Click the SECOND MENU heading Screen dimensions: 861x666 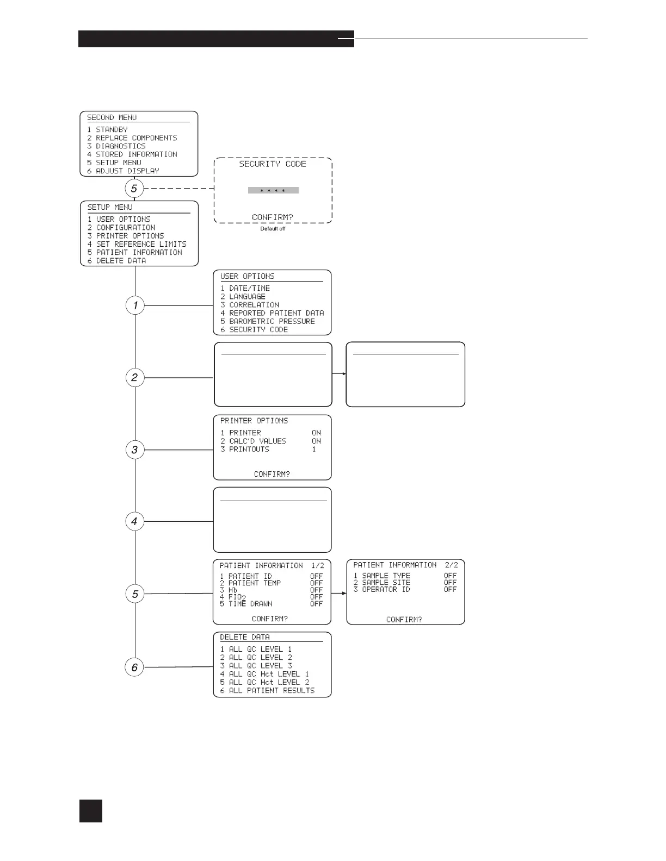pos(112,117)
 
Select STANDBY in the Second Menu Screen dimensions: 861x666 pos(112,130)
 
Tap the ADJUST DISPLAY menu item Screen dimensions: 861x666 pos(127,171)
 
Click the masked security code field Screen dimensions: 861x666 pos(273,191)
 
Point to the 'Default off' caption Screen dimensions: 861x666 pos(273,229)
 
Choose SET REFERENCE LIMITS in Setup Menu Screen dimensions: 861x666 pos(141,244)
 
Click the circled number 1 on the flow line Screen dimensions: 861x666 pos(135,305)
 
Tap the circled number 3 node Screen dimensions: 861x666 pos(135,450)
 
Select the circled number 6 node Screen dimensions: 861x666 pos(135,667)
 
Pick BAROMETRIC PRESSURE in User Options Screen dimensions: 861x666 pos(272,321)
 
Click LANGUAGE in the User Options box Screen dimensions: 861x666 pos(247,297)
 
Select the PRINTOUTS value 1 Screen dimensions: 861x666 pos(314,450)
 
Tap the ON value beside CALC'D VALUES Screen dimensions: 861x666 pos(316,441)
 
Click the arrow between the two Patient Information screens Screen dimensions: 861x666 pos(339,593)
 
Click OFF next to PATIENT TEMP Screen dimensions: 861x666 pos(316,583)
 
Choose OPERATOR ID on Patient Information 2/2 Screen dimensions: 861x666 pos(386,590)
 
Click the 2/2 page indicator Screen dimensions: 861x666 pos(451,565)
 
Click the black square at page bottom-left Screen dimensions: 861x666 pos(90,810)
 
